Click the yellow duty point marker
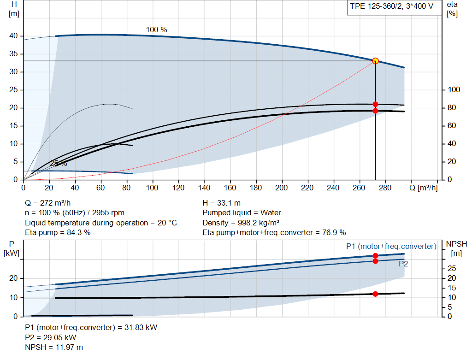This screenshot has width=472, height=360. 375,61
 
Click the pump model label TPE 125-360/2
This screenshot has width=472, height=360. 376,6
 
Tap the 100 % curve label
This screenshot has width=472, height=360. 157,30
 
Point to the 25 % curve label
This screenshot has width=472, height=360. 59,164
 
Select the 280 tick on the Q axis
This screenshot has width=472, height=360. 385,188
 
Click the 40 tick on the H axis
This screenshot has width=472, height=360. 13,36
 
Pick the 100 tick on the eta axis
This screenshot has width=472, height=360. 454,90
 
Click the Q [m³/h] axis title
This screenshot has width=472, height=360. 424,188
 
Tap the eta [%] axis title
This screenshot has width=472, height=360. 452,9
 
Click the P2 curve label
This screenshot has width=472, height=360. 403,264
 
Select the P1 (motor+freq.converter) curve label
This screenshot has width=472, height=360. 391,246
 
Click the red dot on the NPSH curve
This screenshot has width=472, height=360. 375,294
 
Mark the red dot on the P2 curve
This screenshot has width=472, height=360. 375,261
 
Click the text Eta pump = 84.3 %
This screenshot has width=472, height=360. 58,232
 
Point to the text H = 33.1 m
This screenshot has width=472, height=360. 222,203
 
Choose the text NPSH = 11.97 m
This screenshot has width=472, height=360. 54,347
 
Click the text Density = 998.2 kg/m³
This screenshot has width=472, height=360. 241,223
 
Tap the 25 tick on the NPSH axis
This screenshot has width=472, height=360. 452,268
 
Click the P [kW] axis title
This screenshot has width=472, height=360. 12,248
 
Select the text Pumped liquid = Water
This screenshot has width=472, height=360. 242,213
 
